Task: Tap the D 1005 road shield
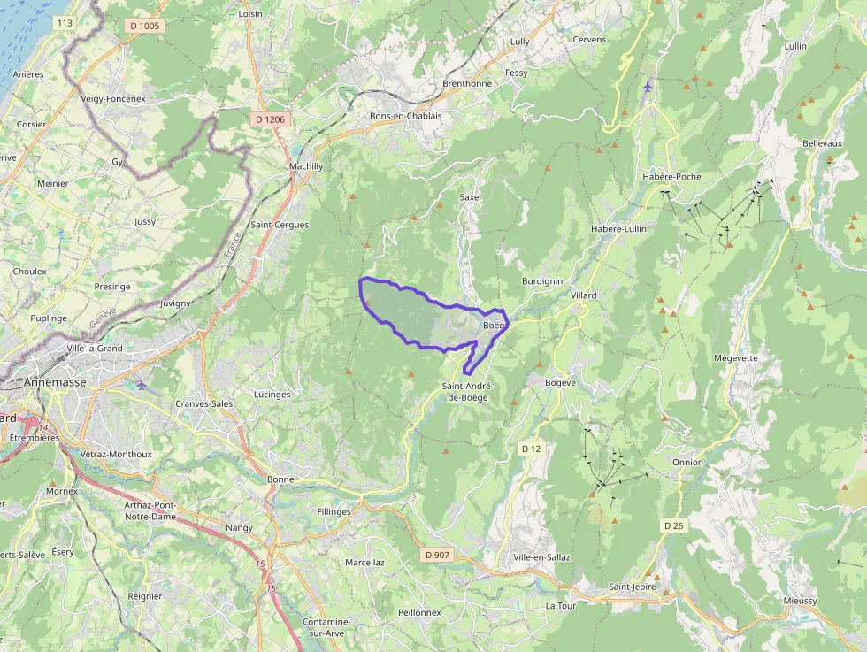(145, 26)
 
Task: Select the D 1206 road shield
(269, 119)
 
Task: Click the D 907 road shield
(437, 555)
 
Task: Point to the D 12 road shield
(531, 449)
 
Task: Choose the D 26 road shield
(674, 525)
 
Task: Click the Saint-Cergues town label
(280, 225)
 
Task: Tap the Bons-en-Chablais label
(405, 116)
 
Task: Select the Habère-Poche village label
(671, 176)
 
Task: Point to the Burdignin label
(542, 280)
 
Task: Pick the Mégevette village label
(735, 358)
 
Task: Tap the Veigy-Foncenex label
(112, 98)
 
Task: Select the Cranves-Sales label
(204, 403)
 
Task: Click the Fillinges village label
(334, 511)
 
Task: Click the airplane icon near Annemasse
(142, 384)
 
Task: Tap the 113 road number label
(64, 23)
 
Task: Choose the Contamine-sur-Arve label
(326, 627)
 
